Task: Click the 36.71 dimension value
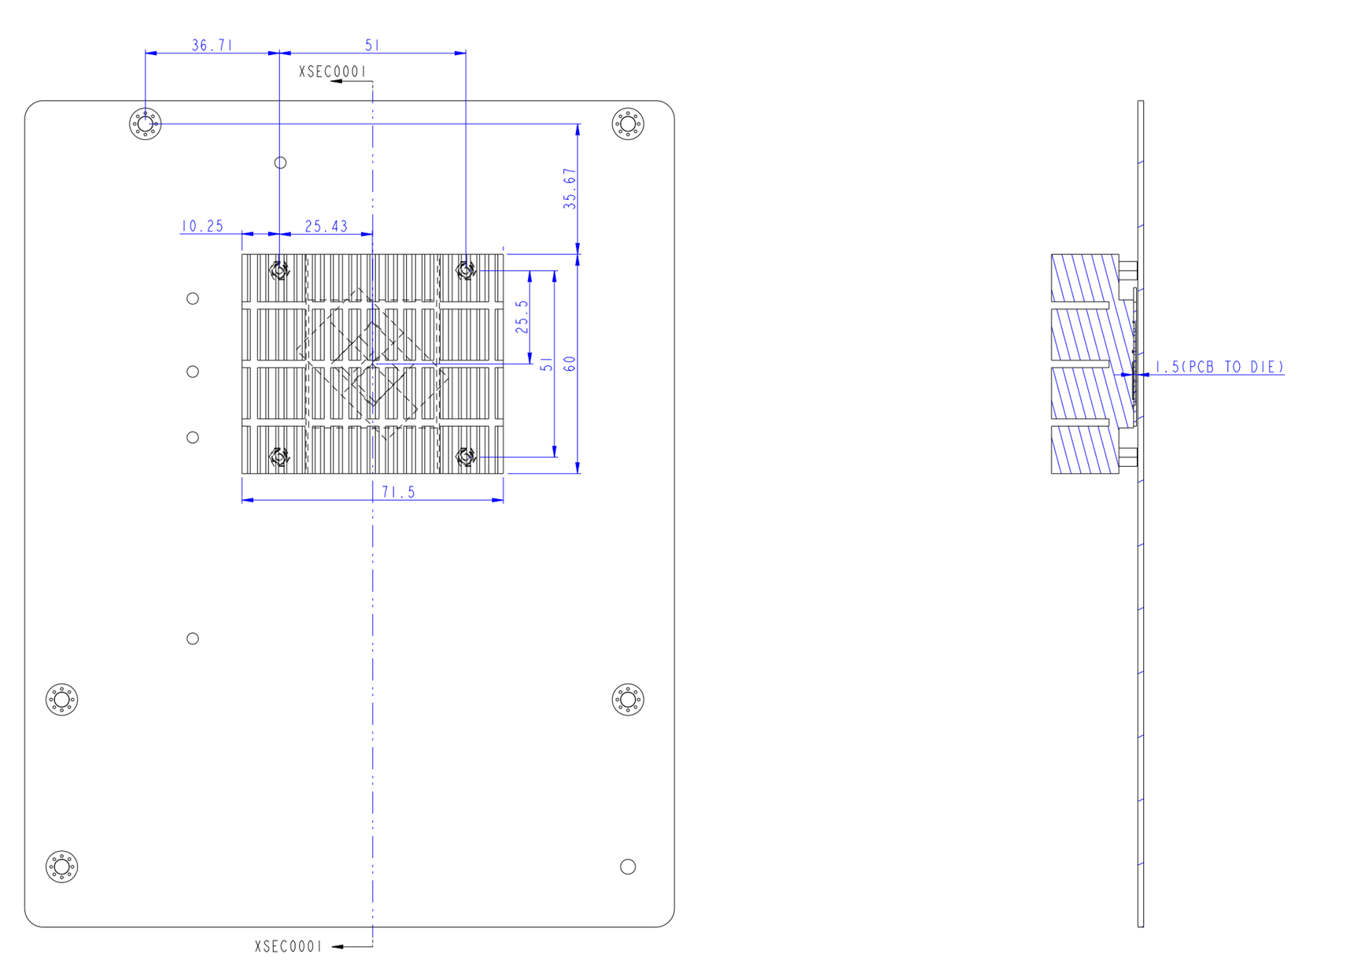click(x=212, y=46)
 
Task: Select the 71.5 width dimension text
click(x=398, y=492)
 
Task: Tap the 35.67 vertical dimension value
click(x=570, y=189)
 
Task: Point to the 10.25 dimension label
click(x=202, y=227)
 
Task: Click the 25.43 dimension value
click(x=326, y=227)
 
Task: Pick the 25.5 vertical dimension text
click(x=522, y=316)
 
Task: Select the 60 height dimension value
click(x=570, y=364)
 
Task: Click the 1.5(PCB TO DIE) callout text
click(x=1219, y=367)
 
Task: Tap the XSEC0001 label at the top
click(x=332, y=72)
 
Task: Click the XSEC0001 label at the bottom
click(x=288, y=946)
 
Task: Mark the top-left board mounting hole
click(x=146, y=124)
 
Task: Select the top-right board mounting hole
click(x=628, y=124)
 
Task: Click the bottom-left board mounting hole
click(x=61, y=867)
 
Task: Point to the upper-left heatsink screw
click(x=279, y=271)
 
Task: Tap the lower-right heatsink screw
click(x=466, y=457)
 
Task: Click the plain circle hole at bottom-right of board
click(x=628, y=867)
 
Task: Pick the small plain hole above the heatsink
click(x=280, y=163)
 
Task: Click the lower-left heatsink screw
click(x=279, y=457)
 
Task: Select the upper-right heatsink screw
click(x=466, y=271)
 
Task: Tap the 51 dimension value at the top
click(x=372, y=46)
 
